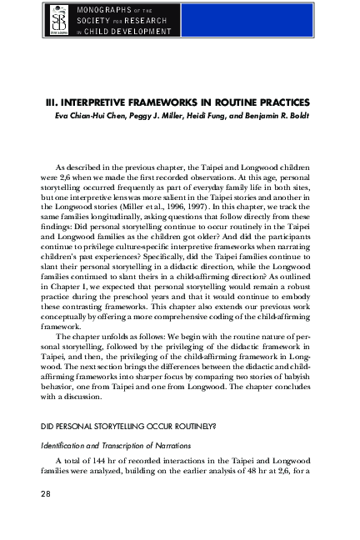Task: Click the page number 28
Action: tap(47, 494)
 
